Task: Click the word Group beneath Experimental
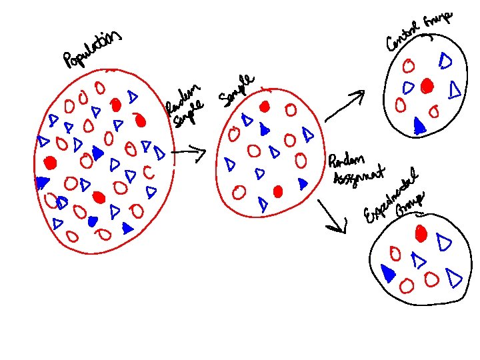[x=411, y=204]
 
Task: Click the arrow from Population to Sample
[x=188, y=154]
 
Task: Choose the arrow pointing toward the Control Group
[x=345, y=106]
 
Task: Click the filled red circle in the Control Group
[x=427, y=85]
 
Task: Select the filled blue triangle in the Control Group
[x=419, y=125]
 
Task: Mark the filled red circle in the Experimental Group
[x=421, y=233]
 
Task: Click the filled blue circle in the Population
[x=93, y=220]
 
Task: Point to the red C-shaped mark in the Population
[x=148, y=173]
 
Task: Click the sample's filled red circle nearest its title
[x=265, y=107]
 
